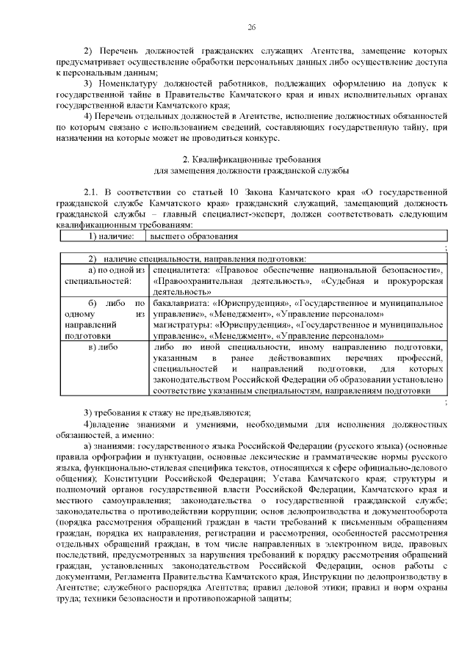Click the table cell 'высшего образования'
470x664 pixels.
[194, 237]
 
